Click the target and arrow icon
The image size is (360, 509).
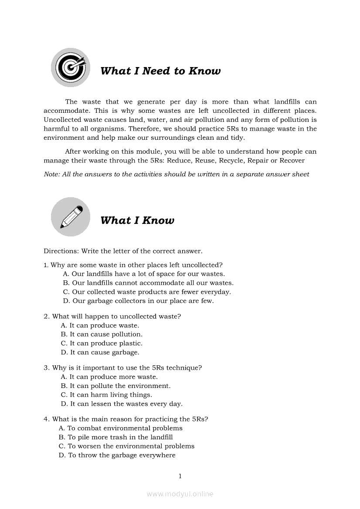click(x=70, y=67)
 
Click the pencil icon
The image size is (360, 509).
click(x=71, y=217)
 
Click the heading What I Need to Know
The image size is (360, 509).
click(x=160, y=71)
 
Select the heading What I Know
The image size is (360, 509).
click(x=137, y=220)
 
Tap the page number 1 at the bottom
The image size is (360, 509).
click(x=180, y=476)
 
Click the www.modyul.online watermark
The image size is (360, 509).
click(x=180, y=494)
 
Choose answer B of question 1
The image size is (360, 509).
click(x=148, y=283)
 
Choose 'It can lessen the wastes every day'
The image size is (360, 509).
click(x=122, y=404)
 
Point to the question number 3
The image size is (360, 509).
click(x=46, y=368)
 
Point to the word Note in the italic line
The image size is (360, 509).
click(x=51, y=174)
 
